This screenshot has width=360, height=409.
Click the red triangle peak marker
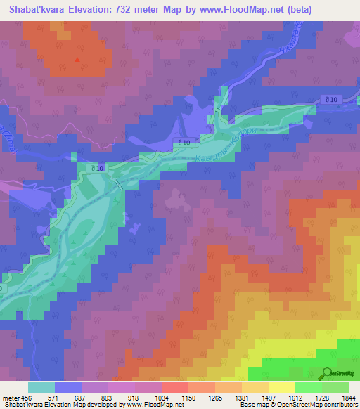pyautogui.click(x=77, y=58)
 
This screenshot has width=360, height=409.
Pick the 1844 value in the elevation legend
pyautogui.click(x=340, y=398)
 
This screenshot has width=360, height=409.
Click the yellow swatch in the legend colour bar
pyautogui.click(x=281, y=387)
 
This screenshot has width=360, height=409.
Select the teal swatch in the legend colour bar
pyautogui.click(x=41, y=387)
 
